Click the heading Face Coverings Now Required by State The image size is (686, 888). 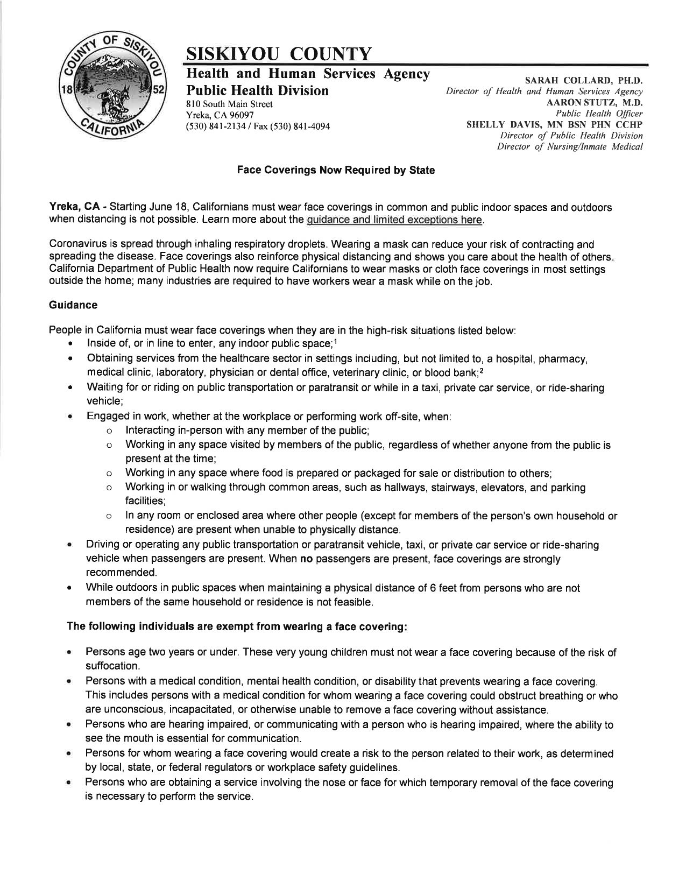point(336,170)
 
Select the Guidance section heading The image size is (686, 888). point(73,305)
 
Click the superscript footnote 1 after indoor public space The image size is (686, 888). point(336,341)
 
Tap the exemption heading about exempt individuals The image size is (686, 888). point(236,627)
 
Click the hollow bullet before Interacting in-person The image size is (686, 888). point(109,431)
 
